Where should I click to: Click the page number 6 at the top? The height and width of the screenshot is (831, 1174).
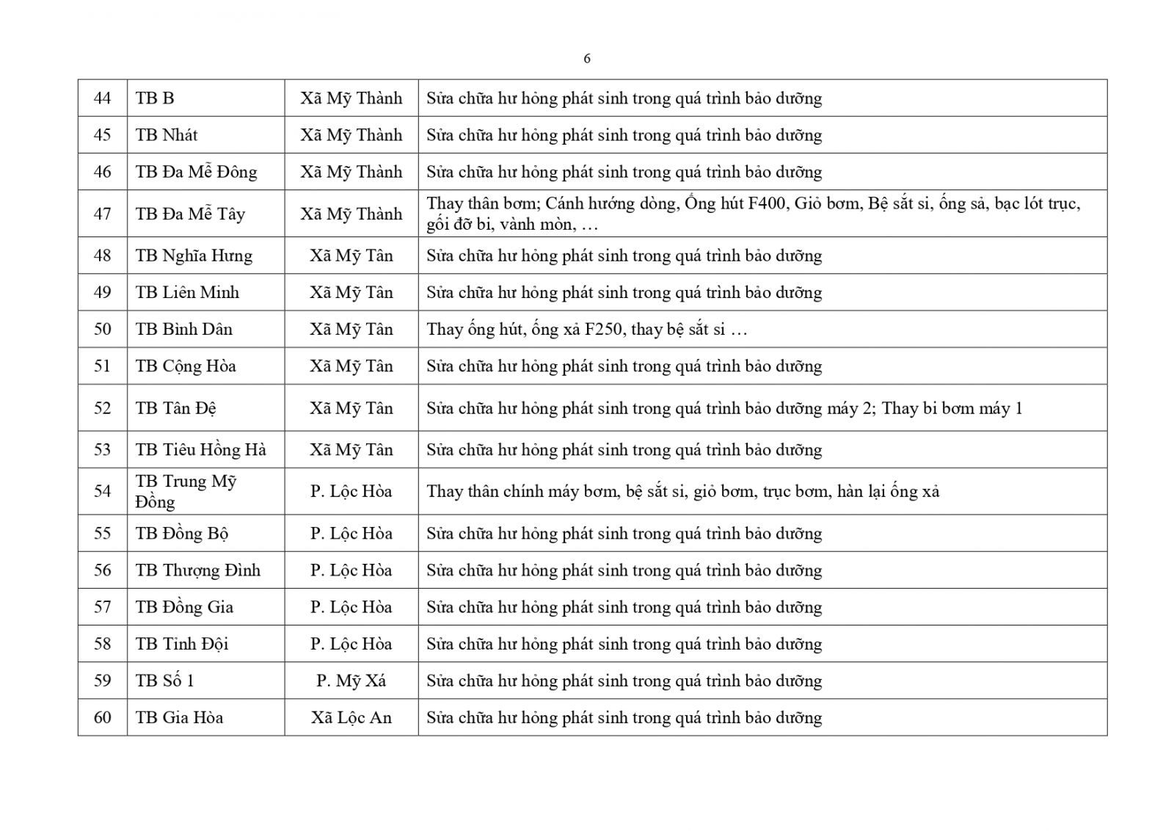[586, 59]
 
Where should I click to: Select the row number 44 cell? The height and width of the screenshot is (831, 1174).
[103, 98]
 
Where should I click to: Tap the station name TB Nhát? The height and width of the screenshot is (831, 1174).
[167, 135]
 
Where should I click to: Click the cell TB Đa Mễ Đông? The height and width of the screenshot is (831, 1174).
[196, 172]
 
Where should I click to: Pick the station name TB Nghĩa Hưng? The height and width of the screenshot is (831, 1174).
[194, 255]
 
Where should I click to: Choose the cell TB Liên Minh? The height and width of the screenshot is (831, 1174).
[187, 292]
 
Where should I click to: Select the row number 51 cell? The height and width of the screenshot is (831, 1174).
[103, 366]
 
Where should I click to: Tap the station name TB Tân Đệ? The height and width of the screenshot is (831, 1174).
[176, 408]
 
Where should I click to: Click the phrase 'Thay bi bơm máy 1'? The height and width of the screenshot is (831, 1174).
[952, 408]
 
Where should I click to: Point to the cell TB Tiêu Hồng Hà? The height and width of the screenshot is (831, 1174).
[200, 450]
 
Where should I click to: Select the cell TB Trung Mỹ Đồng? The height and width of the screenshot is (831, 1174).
[186, 491]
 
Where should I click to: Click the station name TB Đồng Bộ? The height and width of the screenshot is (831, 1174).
[182, 534]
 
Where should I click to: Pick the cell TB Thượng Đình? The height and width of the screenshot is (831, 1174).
[197, 570]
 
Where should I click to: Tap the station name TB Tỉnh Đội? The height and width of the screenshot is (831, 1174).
[182, 644]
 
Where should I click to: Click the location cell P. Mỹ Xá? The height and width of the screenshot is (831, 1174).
[351, 681]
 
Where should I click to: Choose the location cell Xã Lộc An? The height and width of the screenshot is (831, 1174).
[351, 717]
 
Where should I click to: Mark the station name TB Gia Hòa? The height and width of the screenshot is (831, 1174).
[179, 717]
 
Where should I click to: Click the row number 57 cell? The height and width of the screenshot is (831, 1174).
[103, 607]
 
